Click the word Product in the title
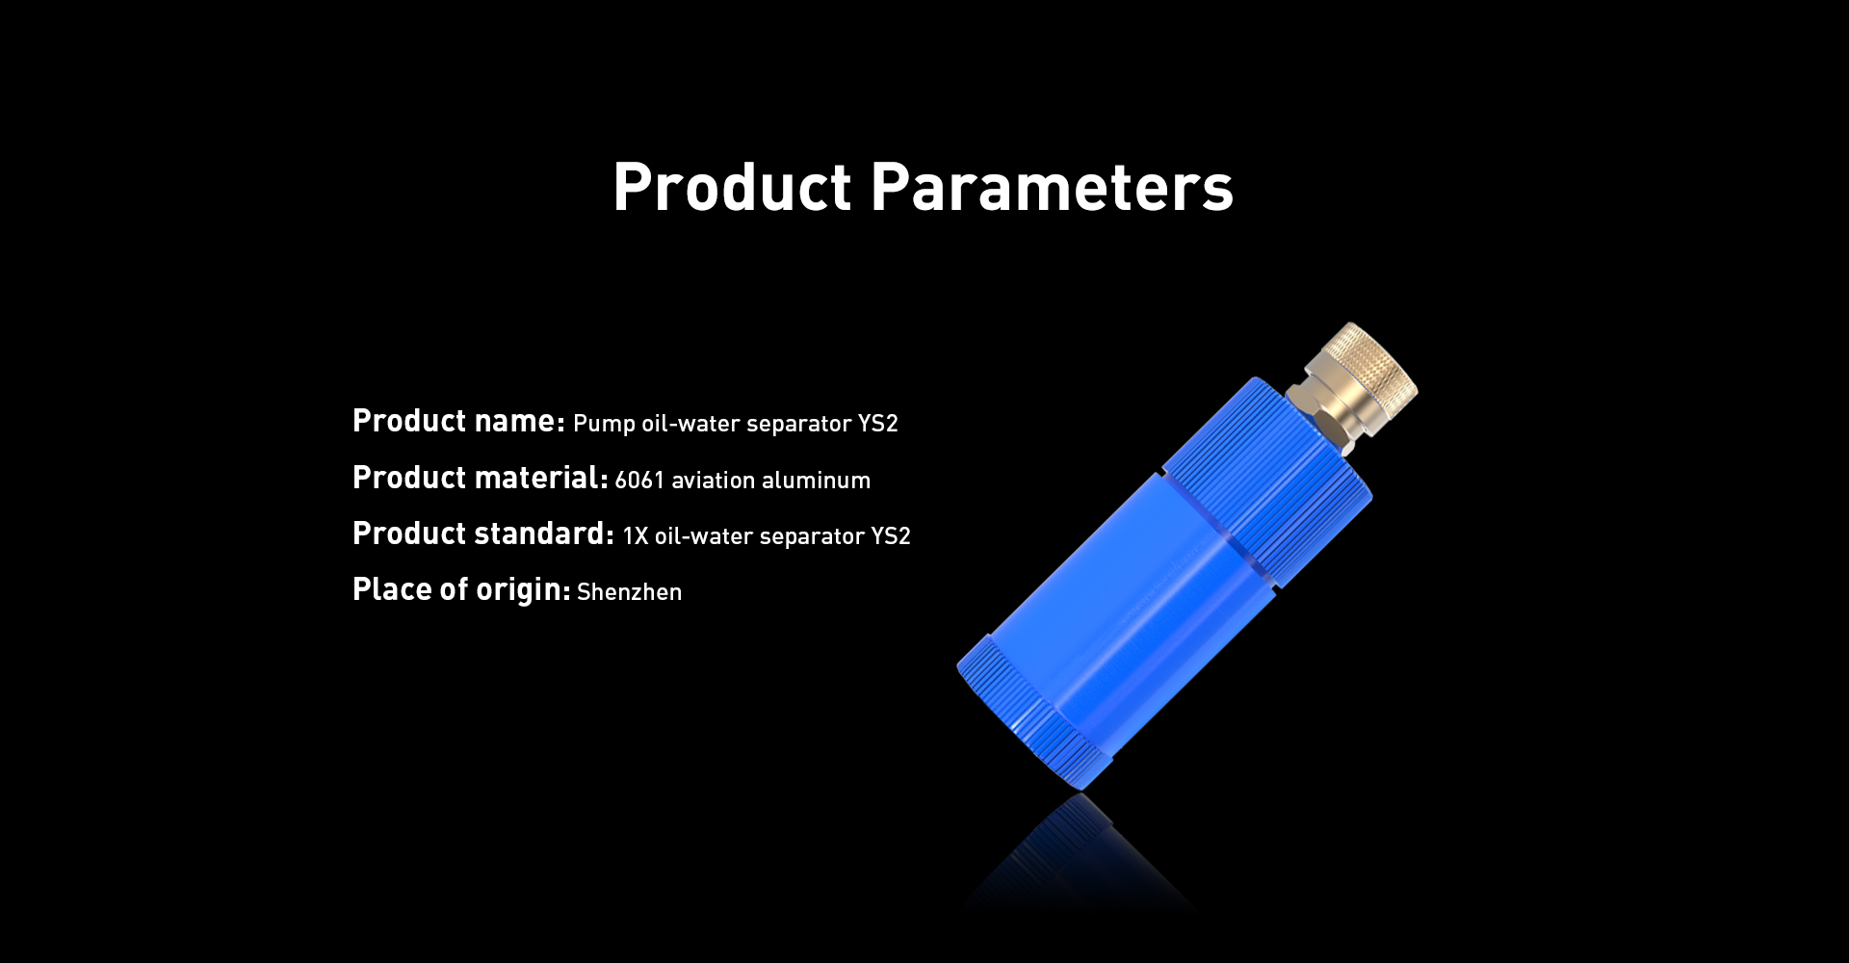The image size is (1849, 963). [x=733, y=187]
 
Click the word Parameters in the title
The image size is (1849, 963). [x=1052, y=187]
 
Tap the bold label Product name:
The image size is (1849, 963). [x=458, y=421]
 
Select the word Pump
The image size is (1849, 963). [x=604, y=425]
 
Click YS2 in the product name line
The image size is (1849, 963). [x=877, y=424]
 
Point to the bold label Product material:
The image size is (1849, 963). [x=480, y=478]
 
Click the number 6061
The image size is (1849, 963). [x=639, y=481]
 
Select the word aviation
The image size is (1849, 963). [x=713, y=480]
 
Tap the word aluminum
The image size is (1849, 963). [x=816, y=480]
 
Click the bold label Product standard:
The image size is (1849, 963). [x=483, y=534]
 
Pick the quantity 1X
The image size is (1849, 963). [x=636, y=536]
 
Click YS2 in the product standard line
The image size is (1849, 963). [x=891, y=536]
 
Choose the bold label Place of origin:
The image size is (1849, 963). [x=461, y=589]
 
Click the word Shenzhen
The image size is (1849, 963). [x=629, y=592]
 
